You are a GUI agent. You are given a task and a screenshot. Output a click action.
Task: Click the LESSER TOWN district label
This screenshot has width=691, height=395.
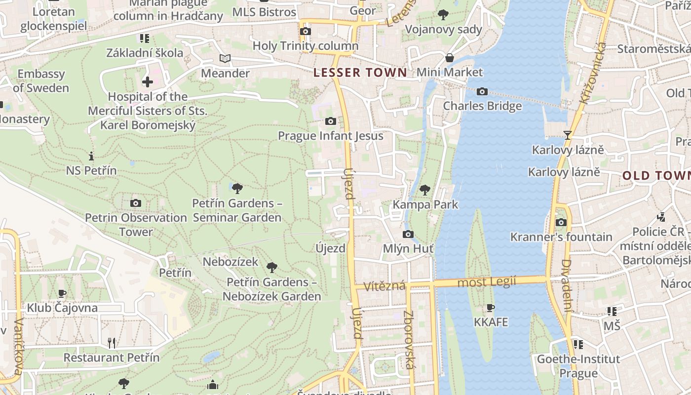(360, 73)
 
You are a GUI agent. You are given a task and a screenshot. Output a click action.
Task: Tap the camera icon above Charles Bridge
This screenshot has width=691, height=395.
(482, 91)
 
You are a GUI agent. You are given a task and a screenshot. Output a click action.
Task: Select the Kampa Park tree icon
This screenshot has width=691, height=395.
(424, 190)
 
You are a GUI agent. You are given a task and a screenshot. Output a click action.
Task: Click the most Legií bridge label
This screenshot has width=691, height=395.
(487, 282)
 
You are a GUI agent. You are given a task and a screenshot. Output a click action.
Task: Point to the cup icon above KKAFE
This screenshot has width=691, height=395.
(490, 308)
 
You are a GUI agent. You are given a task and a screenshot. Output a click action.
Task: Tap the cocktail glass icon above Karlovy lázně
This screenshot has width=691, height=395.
(568, 135)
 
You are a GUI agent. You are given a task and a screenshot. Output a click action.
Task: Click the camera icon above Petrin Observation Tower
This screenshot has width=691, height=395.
(136, 203)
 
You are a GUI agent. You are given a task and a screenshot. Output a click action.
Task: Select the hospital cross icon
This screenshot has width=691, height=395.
(147, 82)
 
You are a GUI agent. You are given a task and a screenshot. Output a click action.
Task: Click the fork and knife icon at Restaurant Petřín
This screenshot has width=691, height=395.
(112, 343)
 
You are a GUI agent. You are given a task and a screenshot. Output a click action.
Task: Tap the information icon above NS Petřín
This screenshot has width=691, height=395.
(91, 156)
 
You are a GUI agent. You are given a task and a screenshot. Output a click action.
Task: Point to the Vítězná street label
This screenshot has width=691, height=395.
(384, 286)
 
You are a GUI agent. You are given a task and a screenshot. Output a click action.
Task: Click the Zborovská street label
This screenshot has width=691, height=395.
(409, 339)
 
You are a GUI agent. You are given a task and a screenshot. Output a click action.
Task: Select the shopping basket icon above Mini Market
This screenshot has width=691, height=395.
(449, 57)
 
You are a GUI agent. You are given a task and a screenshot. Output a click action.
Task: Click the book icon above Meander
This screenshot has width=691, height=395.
(225, 59)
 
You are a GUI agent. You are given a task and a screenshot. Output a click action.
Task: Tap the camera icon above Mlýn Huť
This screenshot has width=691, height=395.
(408, 234)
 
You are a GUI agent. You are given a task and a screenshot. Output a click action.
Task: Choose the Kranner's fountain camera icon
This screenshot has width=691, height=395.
(561, 222)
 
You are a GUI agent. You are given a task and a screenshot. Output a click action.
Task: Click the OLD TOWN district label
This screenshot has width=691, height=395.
(656, 175)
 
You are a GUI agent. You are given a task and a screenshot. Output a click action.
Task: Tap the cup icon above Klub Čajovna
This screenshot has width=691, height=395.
(62, 294)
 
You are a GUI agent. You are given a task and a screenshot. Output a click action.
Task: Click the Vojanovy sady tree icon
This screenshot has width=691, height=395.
(443, 15)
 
